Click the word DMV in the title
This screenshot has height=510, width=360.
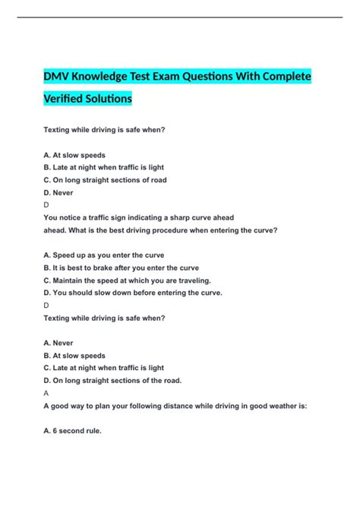click(58, 78)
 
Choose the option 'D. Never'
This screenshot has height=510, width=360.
click(63, 193)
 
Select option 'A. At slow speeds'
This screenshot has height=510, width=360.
click(74, 155)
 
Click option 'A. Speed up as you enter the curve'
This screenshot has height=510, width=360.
click(104, 255)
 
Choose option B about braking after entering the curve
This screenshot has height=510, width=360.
click(122, 268)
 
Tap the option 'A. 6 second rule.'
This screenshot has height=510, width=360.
click(73, 430)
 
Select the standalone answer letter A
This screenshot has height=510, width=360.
click(47, 393)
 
